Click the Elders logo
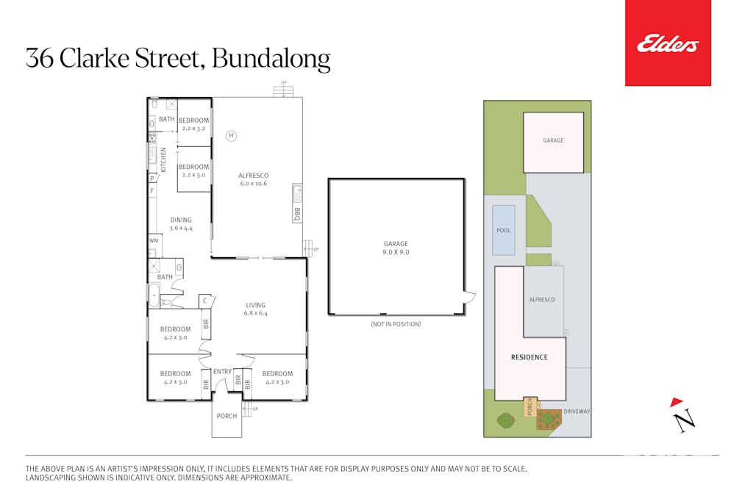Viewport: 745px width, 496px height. coord(667,45)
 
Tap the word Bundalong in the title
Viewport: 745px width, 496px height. coord(271,59)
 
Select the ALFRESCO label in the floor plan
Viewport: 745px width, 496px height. coord(253,176)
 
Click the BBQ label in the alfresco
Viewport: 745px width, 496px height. coord(297,214)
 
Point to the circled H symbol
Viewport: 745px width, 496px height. coord(230,136)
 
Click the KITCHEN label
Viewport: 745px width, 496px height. coord(164,160)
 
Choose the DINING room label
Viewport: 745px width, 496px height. coord(181,220)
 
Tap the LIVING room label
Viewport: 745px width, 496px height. coord(255,305)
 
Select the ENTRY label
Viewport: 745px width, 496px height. coord(222,372)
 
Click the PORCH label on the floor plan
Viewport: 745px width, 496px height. coord(227,416)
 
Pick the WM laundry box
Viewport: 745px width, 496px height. coord(154,240)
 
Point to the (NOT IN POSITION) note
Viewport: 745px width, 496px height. coord(396,324)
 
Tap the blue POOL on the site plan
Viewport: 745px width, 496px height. coord(503,230)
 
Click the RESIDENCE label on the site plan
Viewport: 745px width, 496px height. coord(530,358)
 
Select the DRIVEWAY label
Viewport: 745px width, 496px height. coord(577,411)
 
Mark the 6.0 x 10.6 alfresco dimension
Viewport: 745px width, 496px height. coord(253,184)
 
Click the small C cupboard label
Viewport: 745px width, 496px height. coord(204,301)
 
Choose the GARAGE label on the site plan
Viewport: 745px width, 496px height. coord(553,140)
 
